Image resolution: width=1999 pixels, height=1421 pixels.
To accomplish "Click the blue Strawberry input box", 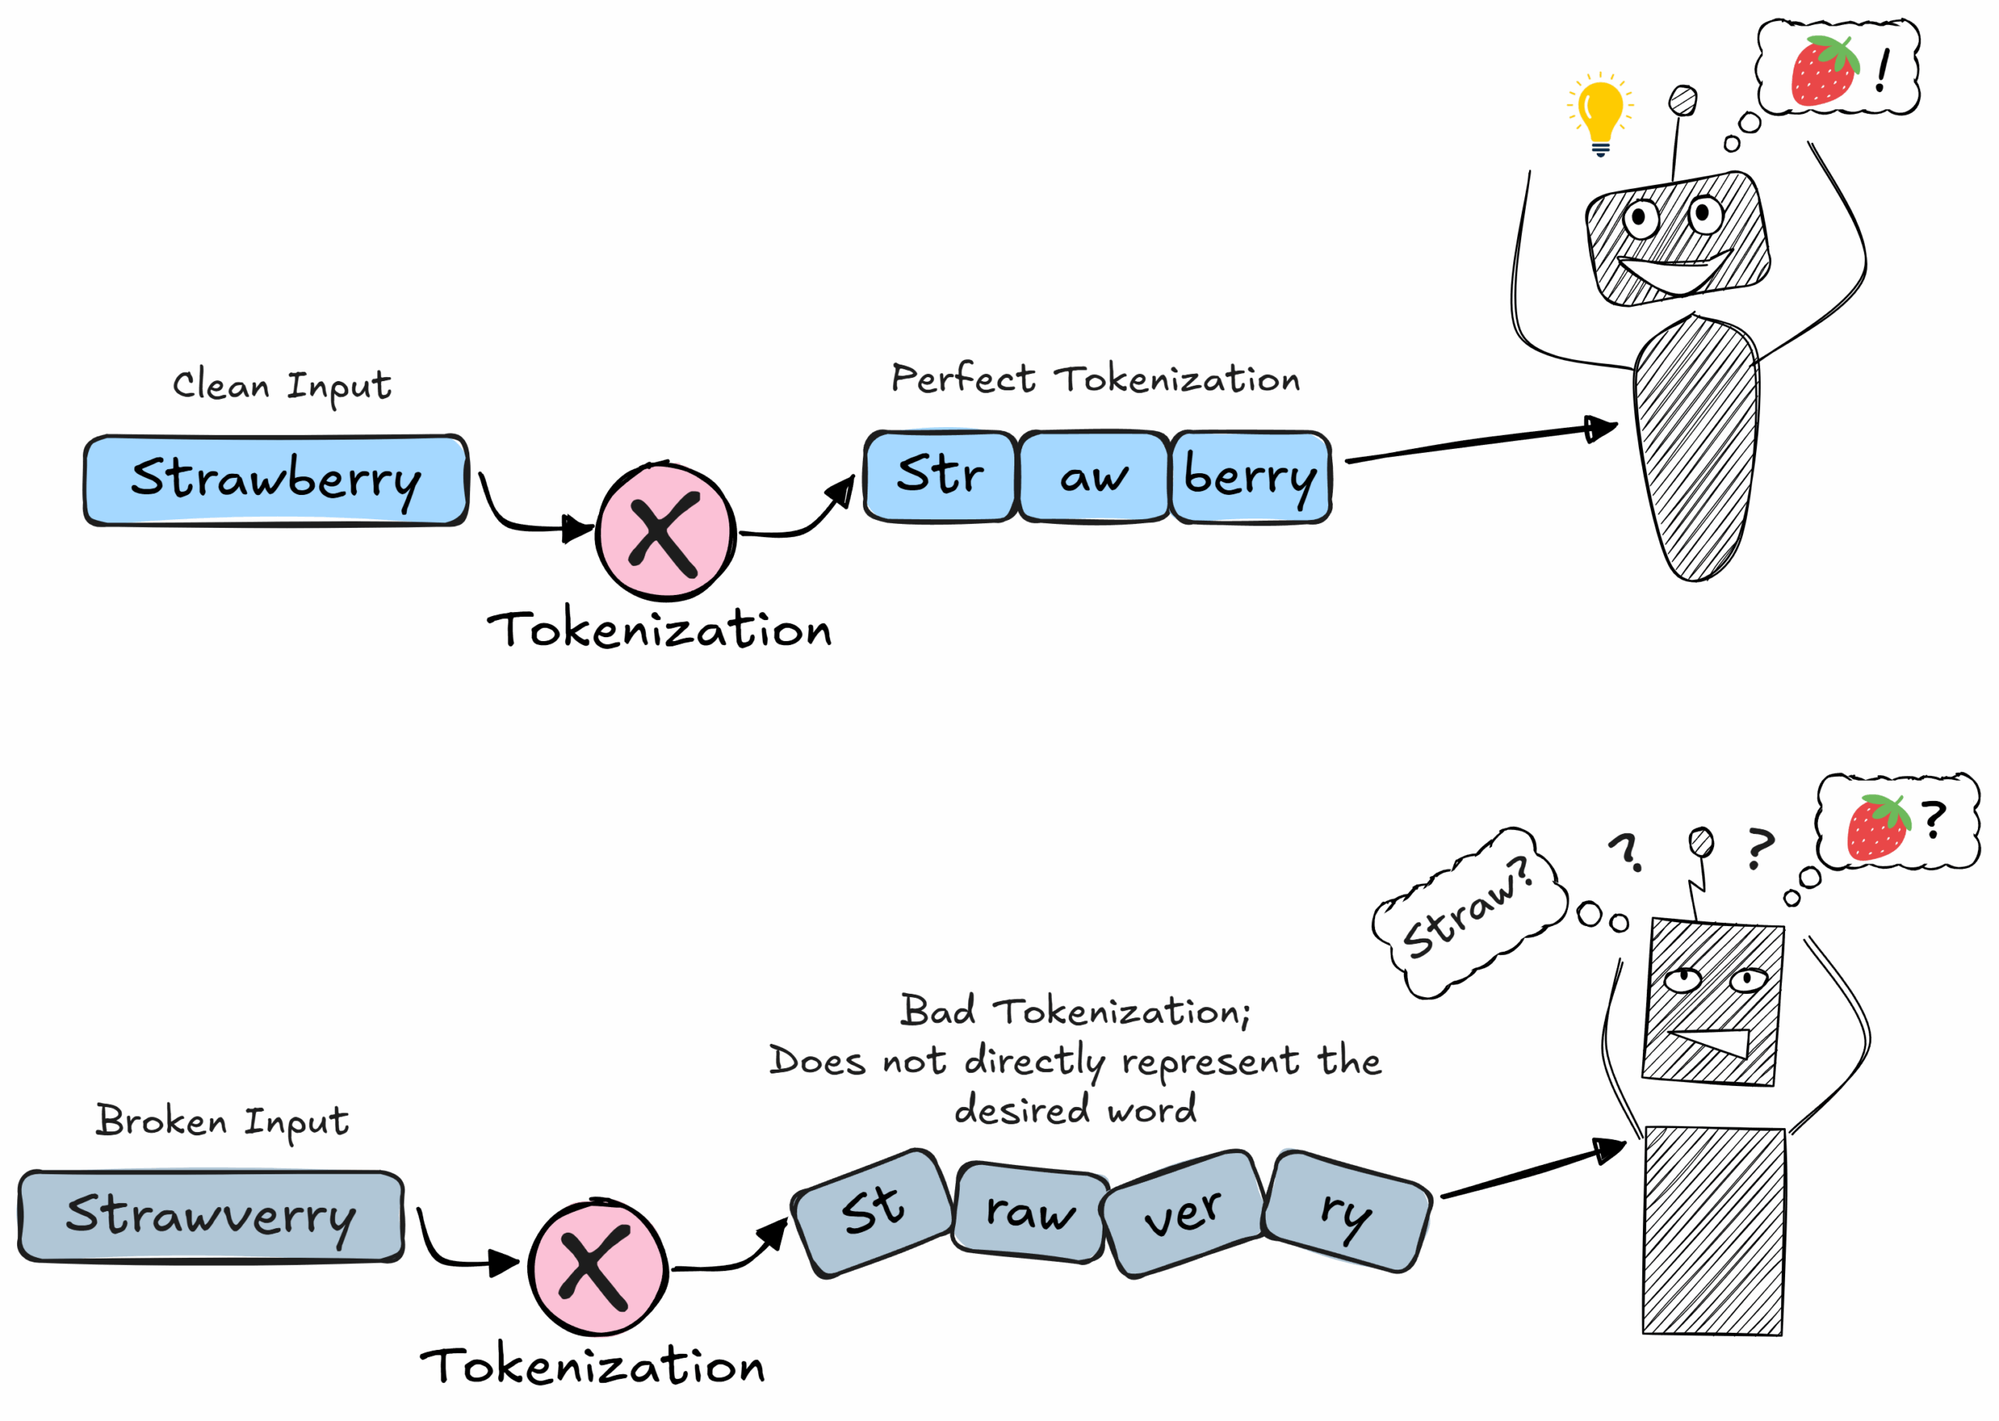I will [x=276, y=480].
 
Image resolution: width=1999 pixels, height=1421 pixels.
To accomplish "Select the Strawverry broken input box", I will [x=211, y=1216].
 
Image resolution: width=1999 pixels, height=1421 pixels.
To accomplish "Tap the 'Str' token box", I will [x=940, y=477].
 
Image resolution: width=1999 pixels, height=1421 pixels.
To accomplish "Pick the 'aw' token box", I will [x=1093, y=478].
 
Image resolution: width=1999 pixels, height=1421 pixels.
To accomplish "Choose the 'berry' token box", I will [x=1250, y=478].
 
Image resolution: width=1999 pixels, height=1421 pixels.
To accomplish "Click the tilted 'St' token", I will [x=873, y=1212].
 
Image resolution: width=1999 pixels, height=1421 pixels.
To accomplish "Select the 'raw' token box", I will [x=1030, y=1213].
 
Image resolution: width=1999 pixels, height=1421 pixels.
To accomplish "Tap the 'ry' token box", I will [x=1347, y=1212].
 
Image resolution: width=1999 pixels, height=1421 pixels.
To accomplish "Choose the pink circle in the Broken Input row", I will [x=597, y=1267].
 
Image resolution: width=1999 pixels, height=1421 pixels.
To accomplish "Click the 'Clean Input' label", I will [x=282, y=386].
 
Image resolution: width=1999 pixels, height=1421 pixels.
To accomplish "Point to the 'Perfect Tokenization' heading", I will [x=1096, y=379].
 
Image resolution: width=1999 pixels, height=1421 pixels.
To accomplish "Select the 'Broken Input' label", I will [x=223, y=1121].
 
